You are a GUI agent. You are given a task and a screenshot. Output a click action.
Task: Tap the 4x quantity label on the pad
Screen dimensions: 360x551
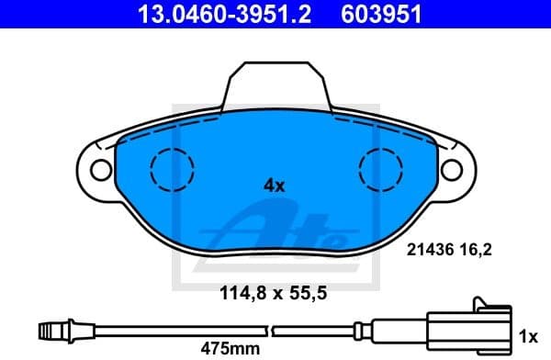coord(274,185)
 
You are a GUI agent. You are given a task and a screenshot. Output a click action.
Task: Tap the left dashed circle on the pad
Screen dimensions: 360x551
coord(172,169)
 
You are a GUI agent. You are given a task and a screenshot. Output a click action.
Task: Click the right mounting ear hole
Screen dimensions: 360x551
coord(451,168)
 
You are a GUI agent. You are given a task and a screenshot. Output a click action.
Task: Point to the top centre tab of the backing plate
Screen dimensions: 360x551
coord(276,87)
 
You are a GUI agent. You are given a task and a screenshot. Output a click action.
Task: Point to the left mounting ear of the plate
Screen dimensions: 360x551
coord(96,168)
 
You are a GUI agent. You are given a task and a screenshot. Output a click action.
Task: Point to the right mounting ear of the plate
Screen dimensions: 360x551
coord(455,168)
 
